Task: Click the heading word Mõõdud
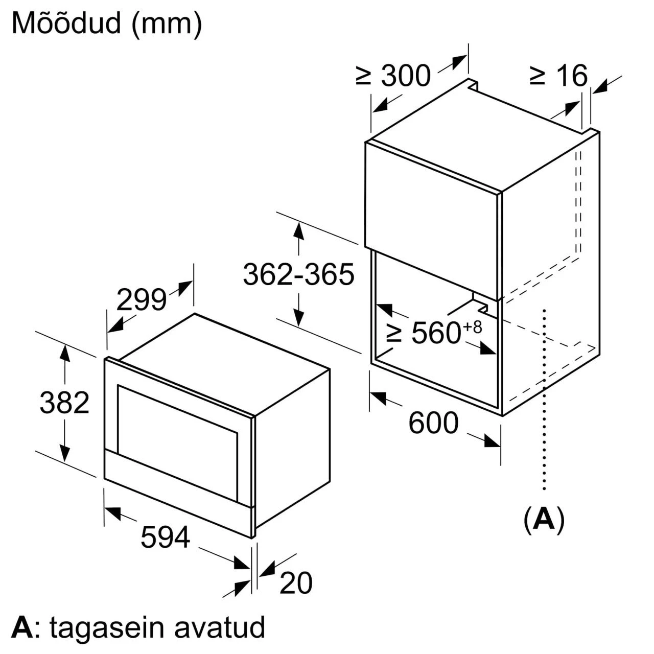pyautogui.click(x=65, y=23)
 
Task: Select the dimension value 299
pyautogui.click(x=141, y=300)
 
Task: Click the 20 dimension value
pyautogui.click(x=296, y=583)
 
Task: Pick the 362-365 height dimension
pyautogui.click(x=298, y=274)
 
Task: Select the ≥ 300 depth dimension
pyautogui.click(x=393, y=76)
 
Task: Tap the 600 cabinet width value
pyautogui.click(x=433, y=423)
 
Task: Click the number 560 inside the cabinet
pyautogui.click(x=436, y=333)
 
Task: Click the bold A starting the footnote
pyautogui.click(x=21, y=627)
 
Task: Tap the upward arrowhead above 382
pyautogui.click(x=64, y=353)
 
